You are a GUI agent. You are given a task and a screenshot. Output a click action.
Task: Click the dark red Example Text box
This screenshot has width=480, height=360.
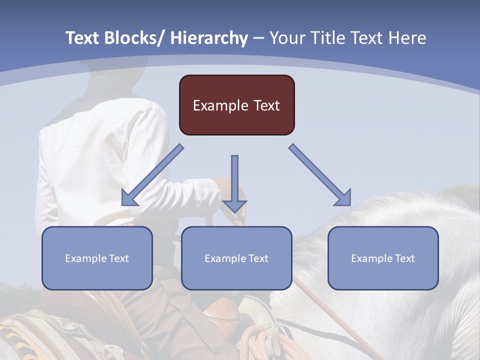tap(236, 105)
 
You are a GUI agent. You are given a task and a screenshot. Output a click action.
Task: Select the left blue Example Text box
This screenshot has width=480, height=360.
tap(97, 258)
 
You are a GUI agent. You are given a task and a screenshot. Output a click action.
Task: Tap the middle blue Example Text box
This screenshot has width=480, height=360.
tap(236, 258)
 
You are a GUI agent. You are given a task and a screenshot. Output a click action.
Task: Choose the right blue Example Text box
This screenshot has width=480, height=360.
tap(383, 258)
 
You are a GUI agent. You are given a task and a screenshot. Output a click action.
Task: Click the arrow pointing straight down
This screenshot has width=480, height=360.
tap(234, 185)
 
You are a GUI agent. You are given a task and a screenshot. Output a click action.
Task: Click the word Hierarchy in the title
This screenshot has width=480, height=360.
tap(209, 38)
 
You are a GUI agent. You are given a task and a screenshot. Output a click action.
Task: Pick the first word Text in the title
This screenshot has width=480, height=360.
tap(83, 38)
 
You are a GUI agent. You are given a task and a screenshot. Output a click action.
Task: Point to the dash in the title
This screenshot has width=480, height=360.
tap(258, 38)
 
